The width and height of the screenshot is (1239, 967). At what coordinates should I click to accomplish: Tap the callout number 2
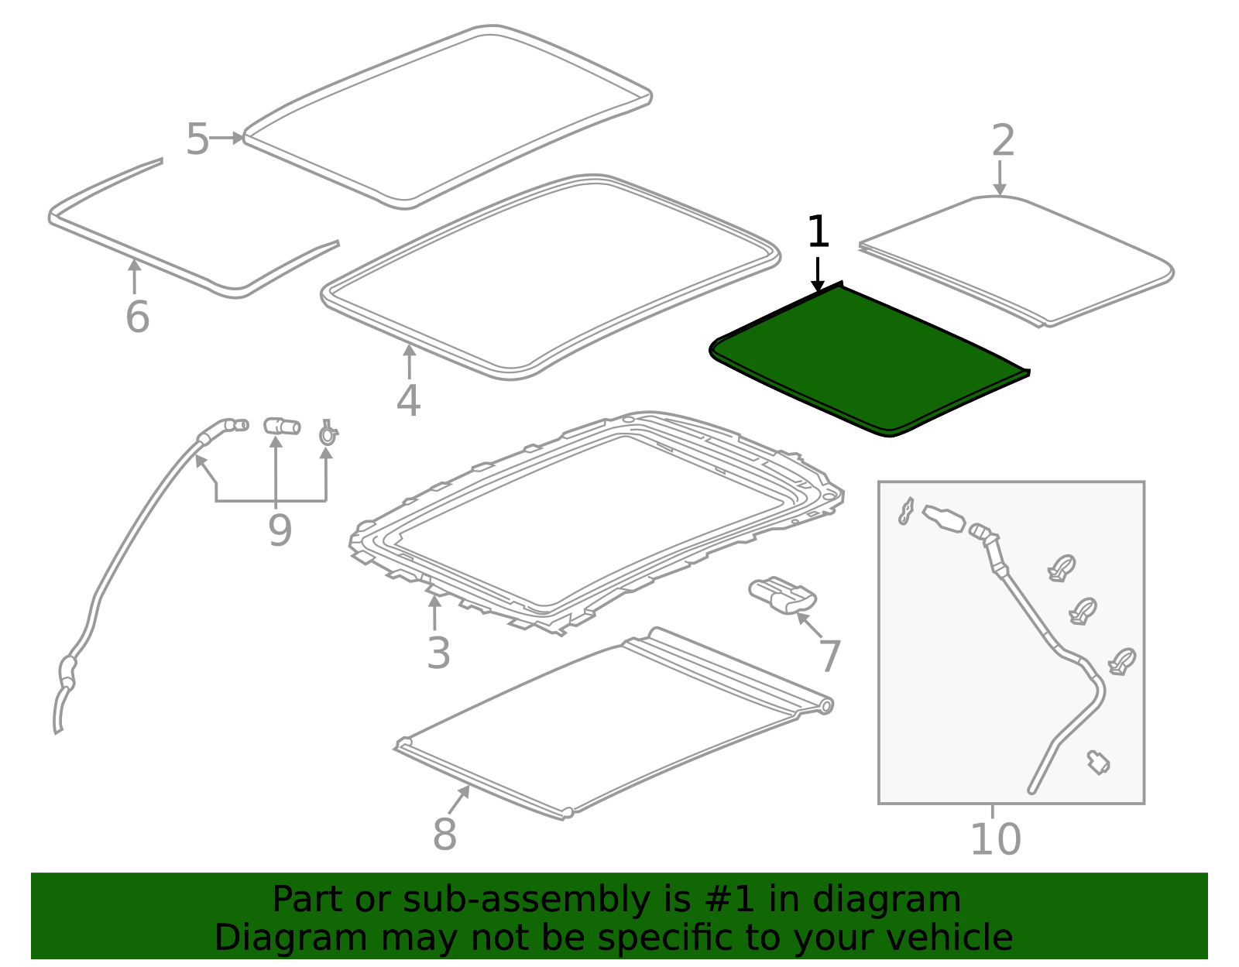(1003, 141)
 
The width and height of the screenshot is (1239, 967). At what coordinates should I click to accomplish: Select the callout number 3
(438, 654)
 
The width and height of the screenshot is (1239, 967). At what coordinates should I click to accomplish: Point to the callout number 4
(408, 401)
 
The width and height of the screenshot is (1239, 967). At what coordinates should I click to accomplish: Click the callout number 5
(197, 140)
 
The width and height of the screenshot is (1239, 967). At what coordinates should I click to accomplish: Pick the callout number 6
(137, 317)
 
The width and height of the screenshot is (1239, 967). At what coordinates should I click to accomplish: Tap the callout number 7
(829, 657)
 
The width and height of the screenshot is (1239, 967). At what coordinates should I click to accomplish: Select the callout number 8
(444, 835)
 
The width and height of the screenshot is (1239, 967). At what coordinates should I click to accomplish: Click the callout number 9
(280, 531)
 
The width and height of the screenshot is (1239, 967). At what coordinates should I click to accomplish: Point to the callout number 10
(995, 839)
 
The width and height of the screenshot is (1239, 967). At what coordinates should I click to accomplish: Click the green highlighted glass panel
(867, 360)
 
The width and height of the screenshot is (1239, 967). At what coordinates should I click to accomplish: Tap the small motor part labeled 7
(782, 596)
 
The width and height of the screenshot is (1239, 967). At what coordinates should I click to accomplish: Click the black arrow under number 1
(818, 276)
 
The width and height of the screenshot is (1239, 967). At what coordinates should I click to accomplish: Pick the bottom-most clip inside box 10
(1098, 763)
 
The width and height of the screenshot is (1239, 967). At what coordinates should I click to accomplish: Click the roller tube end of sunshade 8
(825, 705)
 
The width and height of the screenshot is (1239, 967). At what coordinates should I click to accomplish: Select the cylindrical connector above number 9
(282, 427)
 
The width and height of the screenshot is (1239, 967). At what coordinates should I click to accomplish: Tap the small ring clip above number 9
(328, 434)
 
